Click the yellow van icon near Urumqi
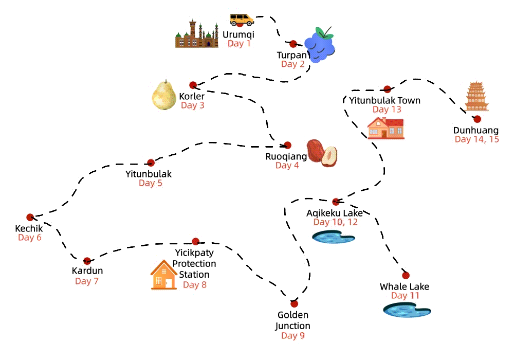(242, 20)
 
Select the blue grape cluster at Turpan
(319, 45)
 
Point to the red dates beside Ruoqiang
(322, 153)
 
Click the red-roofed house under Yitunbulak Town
(385, 128)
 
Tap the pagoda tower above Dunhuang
(476, 96)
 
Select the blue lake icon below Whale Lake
(407, 310)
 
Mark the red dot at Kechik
(30, 217)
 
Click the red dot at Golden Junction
(294, 303)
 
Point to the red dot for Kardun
(87, 261)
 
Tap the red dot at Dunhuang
(477, 119)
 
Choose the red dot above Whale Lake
(406, 275)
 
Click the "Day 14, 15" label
(476, 139)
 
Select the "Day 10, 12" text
(335, 222)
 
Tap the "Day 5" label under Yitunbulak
(150, 183)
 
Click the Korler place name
(192, 96)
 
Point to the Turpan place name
(292, 55)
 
